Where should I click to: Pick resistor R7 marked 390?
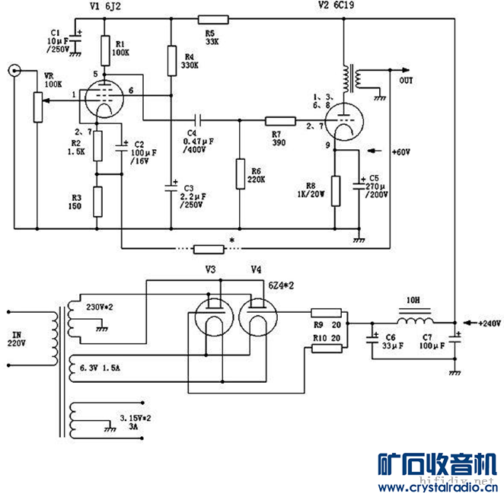(280, 119)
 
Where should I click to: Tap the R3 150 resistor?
(97, 201)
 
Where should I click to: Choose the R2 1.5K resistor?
(97, 146)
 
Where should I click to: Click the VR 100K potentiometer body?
(36, 107)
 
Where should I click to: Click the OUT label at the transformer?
(407, 81)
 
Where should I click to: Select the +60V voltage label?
(402, 153)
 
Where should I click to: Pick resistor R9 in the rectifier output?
(327, 313)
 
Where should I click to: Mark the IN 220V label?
(16, 339)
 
